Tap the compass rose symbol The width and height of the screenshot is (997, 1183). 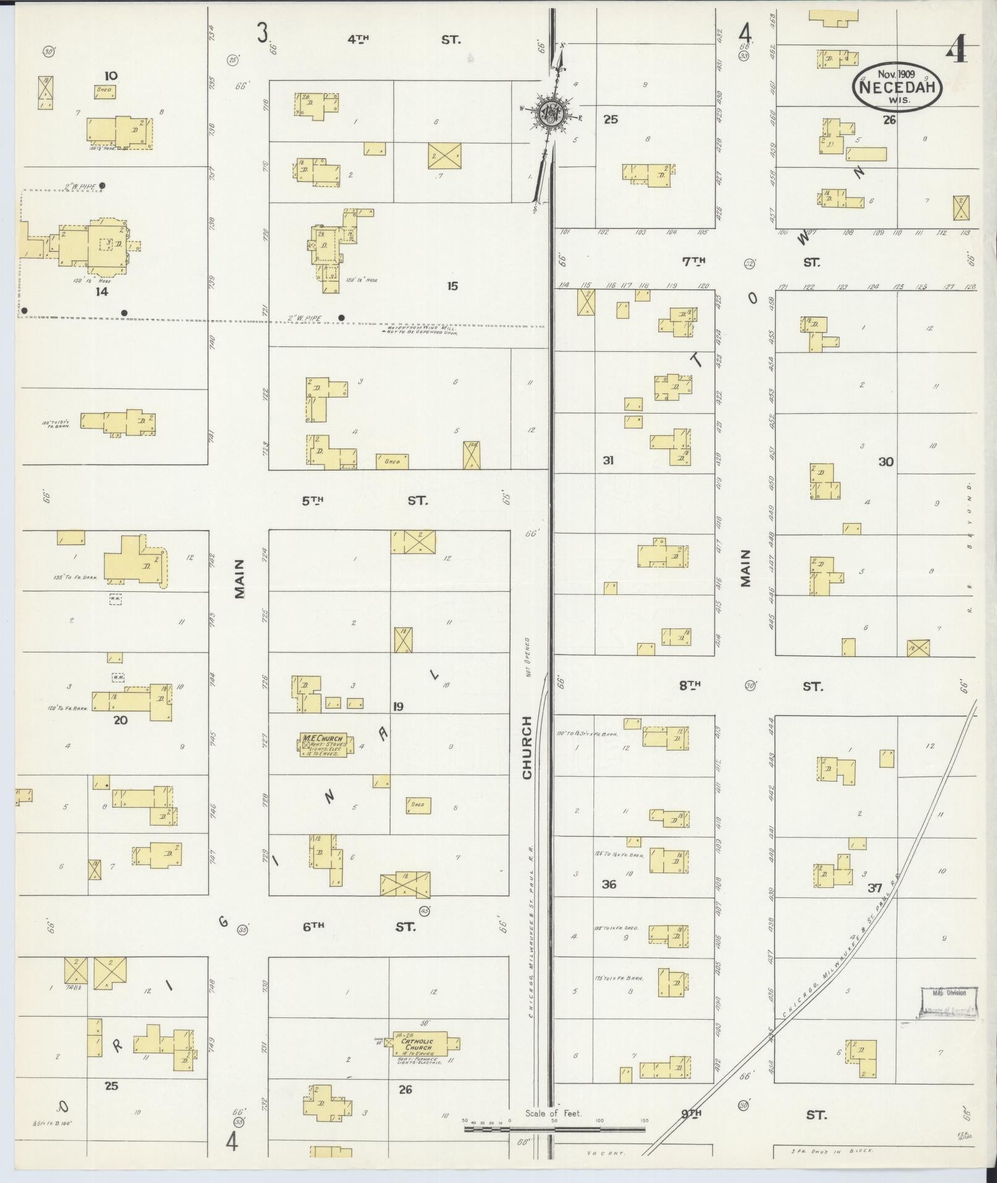point(548,113)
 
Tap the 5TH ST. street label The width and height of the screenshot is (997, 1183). point(364,501)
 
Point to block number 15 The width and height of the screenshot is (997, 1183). point(452,286)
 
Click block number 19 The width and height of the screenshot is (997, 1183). point(397,706)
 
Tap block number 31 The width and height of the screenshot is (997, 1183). point(608,460)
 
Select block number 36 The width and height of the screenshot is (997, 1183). point(609,884)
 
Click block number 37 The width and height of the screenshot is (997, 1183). point(874,888)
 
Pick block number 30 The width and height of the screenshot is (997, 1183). point(886,461)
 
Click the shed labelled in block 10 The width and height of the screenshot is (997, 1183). point(104,91)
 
